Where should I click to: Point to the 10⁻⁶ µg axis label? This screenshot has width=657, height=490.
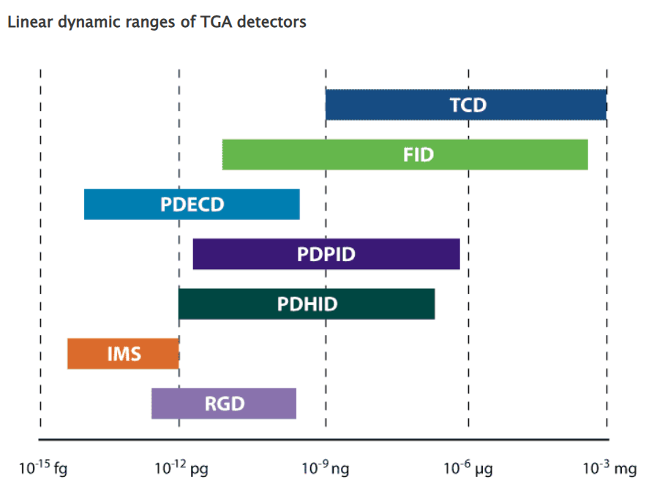468,468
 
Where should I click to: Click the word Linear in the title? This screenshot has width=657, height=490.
27,22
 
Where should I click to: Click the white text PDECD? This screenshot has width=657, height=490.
192,205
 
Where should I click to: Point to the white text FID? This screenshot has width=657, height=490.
418,155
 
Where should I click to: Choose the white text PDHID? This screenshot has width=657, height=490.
307,304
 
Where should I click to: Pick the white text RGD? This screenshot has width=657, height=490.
225,404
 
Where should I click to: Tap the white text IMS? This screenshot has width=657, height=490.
124,354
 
